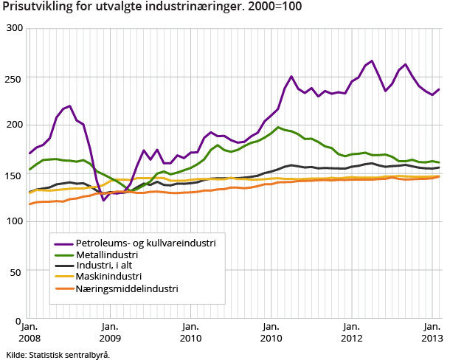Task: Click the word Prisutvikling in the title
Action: pyautogui.click(x=35, y=8)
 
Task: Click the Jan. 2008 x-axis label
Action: pyautogui.click(x=29, y=332)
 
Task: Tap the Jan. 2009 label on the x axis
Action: pyautogui.click(x=110, y=332)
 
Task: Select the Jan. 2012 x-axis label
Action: pyautogui.click(x=352, y=332)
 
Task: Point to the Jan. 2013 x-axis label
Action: pyautogui.click(x=432, y=332)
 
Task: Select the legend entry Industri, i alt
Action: pyautogui.click(x=109, y=265)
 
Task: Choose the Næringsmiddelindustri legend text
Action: pyautogui.click(x=127, y=288)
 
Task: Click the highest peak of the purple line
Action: pyautogui.click(x=372, y=61)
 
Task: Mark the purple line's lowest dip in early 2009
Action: pyautogui.click(x=104, y=200)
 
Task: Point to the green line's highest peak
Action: pyautogui.click(x=279, y=128)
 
